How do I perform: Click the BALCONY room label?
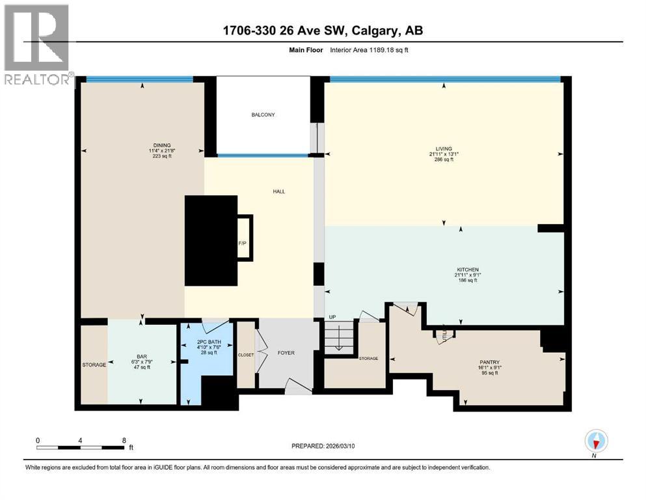pos(263,115)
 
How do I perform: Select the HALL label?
pos(278,191)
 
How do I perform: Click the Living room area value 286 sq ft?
pos(443,160)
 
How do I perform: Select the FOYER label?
pos(286,353)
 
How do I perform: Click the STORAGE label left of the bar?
pos(94,365)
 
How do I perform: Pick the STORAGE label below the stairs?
pos(369,358)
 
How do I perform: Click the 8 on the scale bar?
pos(124,440)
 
